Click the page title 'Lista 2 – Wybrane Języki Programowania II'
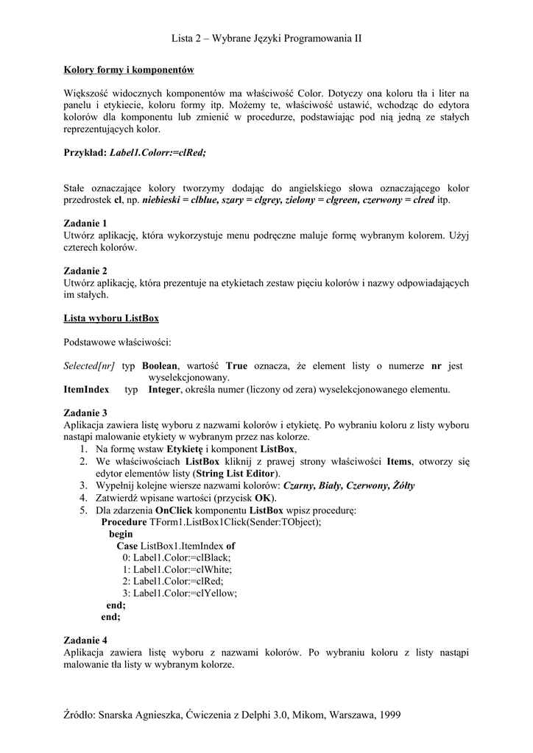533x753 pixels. [x=266, y=38]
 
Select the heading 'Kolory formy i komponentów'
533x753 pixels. [x=129, y=70]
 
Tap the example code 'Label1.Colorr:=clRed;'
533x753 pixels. [x=158, y=152]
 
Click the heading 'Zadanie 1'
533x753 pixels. [x=85, y=223]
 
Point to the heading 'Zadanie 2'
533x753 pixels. [x=85, y=270]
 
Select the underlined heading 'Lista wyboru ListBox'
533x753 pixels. [x=111, y=318]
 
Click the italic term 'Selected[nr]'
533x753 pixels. [x=89, y=365]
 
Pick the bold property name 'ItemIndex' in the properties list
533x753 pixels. [x=86, y=389]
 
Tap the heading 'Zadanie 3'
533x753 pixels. [x=85, y=413]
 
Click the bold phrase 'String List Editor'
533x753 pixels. [x=236, y=474]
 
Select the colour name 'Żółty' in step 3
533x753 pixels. [x=403, y=485]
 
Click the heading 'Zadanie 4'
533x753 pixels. [x=85, y=640]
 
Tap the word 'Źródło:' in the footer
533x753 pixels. [x=79, y=715]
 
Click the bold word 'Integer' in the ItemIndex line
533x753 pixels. [x=164, y=389]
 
